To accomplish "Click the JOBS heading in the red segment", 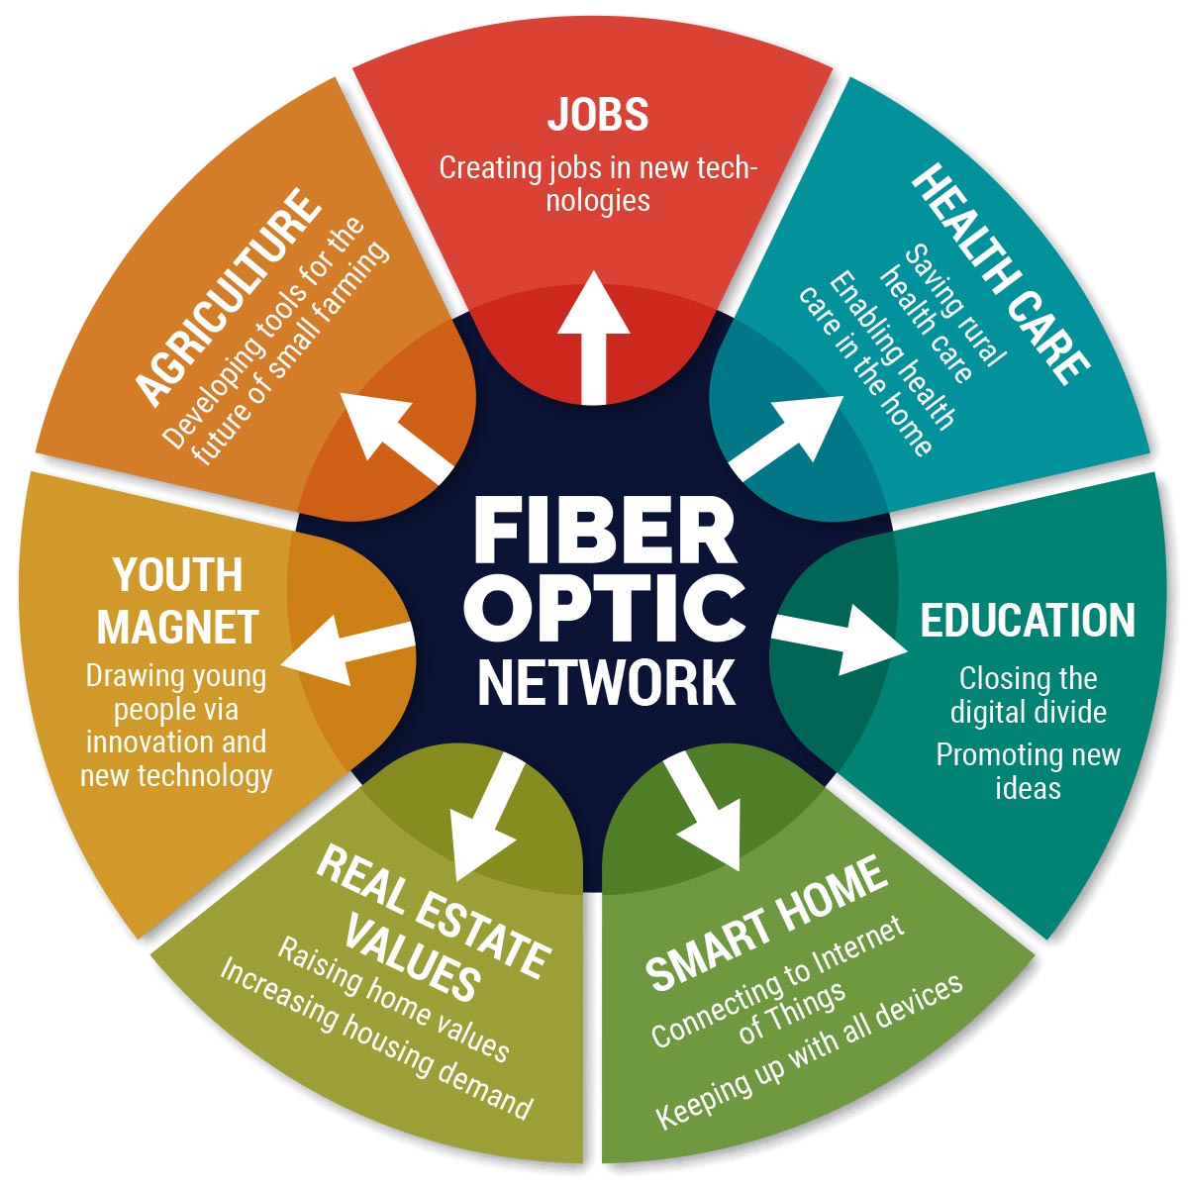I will (598, 115).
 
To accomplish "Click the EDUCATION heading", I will (1028, 621).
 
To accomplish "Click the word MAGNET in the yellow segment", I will (178, 627).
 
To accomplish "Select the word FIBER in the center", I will (605, 535).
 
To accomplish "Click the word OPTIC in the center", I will (605, 606).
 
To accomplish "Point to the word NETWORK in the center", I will (606, 680).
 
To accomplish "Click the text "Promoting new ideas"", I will (1028, 771).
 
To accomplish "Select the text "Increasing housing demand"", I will (376, 1039).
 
